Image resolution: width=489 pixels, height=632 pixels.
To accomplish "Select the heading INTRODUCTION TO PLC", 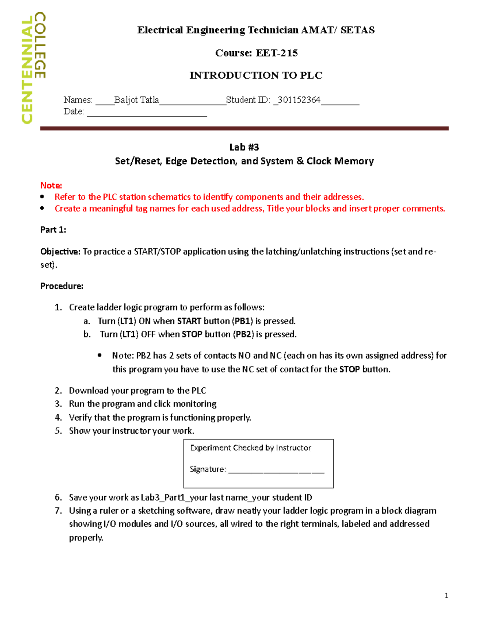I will pos(256,75).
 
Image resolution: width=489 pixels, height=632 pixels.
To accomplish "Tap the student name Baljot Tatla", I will pos(137,100).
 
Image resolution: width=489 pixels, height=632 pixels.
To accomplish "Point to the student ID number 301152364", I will pos(299,100).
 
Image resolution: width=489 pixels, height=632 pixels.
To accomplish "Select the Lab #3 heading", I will pos(244,147).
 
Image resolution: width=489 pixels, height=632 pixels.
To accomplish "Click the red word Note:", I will pos(51,186).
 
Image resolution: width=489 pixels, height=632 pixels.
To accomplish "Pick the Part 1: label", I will pos(53,230).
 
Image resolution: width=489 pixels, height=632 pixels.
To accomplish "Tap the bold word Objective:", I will pos(60,251).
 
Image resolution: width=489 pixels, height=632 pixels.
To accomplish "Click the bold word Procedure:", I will pos(62,286).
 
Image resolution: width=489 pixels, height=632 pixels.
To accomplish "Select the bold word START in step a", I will pos(189,321).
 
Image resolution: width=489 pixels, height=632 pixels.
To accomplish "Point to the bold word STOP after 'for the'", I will pos(349,370).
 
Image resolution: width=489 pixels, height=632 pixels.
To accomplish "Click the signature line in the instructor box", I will pos(276,471).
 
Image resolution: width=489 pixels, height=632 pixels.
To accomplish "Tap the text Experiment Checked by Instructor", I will pos(250,448).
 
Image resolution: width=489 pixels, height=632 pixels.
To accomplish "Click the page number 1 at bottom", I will pos(446,596).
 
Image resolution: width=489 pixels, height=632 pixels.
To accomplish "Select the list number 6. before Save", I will pos(58,497).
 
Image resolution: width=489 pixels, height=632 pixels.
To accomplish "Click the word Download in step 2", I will pos(88,391).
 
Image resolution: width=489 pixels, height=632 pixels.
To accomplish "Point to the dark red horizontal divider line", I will pos(244,128).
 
